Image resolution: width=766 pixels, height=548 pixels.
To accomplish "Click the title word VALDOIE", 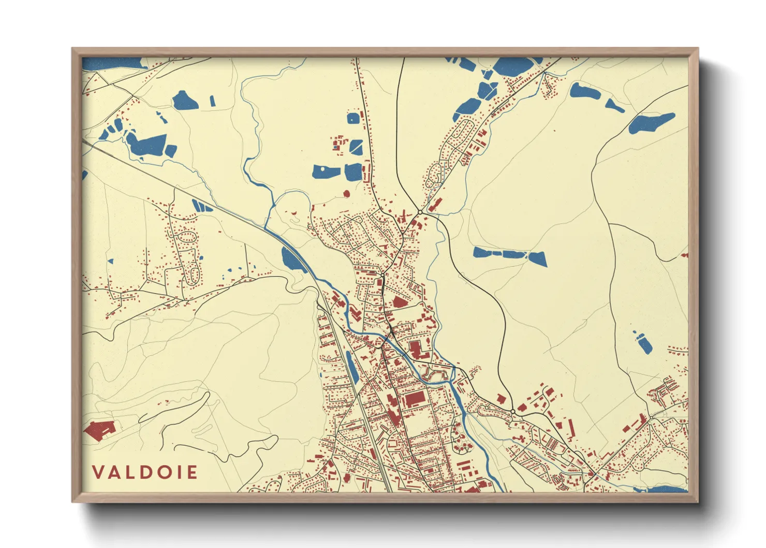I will [x=145, y=472].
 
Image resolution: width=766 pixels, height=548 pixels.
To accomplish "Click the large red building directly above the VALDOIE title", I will [x=99, y=430].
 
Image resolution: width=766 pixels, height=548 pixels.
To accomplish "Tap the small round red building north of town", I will [x=346, y=194].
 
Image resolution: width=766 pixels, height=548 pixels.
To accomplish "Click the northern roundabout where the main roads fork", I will [x=420, y=212].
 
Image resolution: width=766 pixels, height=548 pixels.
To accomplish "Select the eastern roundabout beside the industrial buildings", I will [x=512, y=411].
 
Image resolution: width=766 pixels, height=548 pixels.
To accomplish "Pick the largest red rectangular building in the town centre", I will [x=414, y=399].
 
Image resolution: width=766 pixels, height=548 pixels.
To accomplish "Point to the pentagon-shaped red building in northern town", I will [x=399, y=302].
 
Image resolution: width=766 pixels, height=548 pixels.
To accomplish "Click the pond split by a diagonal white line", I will [x=356, y=147].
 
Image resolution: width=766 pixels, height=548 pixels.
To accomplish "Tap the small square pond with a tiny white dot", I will [x=353, y=118].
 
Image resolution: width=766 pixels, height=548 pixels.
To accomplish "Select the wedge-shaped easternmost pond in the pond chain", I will [x=538, y=258].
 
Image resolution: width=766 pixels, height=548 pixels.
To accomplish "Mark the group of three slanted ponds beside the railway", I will [x=202, y=206].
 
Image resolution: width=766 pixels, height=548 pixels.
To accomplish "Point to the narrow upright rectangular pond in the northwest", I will [x=212, y=100].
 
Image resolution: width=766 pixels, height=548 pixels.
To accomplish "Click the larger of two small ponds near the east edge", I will [x=644, y=344].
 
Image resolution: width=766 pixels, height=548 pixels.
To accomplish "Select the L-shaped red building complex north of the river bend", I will [x=418, y=350].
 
